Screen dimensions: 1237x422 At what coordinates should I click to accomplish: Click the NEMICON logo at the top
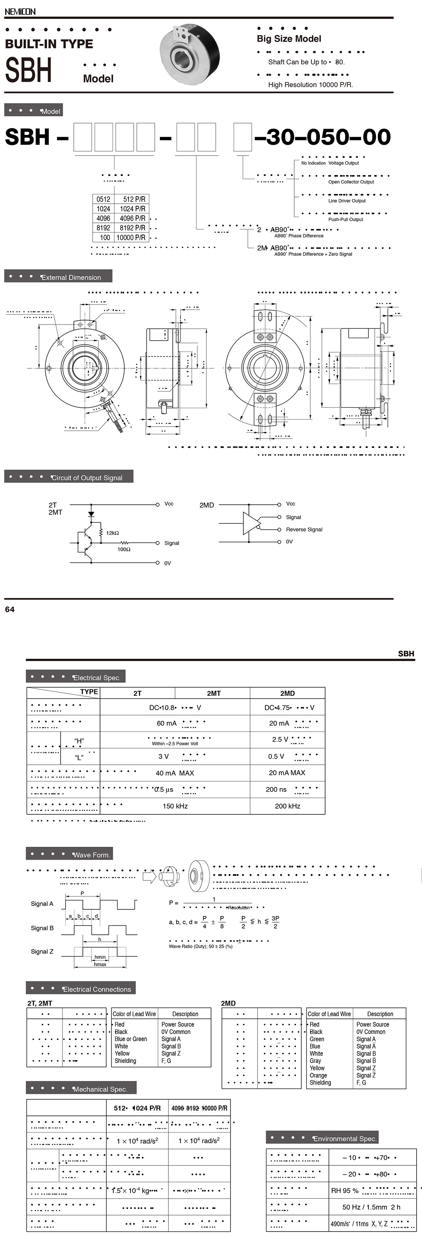tap(20, 11)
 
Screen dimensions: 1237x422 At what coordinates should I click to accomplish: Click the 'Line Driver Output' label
tap(347, 201)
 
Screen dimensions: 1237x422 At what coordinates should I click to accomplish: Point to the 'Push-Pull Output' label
tap(346, 219)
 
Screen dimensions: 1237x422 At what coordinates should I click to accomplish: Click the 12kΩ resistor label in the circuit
tap(113, 533)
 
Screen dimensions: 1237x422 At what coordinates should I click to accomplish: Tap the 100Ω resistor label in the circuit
tap(124, 549)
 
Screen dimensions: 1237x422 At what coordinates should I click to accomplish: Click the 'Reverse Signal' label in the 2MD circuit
tap(304, 530)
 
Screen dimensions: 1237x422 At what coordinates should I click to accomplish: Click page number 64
tap(10, 610)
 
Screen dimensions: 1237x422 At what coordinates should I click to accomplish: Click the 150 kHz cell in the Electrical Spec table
tap(175, 806)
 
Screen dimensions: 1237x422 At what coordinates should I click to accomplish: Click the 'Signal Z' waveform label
tap(42, 952)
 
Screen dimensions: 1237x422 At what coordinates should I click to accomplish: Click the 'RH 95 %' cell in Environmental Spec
tap(345, 1191)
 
